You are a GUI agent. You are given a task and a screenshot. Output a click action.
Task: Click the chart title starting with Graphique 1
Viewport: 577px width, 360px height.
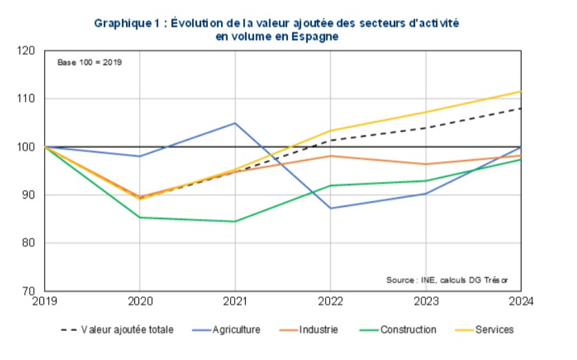(x=276, y=30)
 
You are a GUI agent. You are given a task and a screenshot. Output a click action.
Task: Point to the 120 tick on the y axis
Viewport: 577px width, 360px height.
(x=27, y=51)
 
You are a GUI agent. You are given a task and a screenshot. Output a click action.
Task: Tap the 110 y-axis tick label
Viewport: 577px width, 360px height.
(x=27, y=99)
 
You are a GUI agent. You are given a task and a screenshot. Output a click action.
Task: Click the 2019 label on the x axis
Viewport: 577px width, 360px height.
(x=44, y=301)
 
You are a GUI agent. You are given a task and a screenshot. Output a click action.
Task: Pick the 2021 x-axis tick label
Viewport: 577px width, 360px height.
(x=235, y=301)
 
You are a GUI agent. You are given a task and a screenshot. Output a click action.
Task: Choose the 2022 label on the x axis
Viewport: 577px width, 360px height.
(x=330, y=301)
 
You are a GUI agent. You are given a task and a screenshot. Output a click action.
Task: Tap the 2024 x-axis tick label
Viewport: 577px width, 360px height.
(x=521, y=301)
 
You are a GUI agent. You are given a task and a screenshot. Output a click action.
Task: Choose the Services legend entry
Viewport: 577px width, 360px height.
(x=494, y=330)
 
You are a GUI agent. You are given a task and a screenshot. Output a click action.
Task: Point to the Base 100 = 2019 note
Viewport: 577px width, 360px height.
(x=90, y=62)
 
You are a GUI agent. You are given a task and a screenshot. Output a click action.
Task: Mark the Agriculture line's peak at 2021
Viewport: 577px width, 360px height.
(x=235, y=123)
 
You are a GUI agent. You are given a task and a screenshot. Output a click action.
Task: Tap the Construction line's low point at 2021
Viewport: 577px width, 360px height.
(x=235, y=222)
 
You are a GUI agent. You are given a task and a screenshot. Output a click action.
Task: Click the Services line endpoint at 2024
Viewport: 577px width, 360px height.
(x=521, y=92)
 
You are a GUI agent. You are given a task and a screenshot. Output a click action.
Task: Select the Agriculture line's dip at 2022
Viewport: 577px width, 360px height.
(x=330, y=208)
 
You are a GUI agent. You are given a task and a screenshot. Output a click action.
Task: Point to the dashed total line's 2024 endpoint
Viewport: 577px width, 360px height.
(x=521, y=108)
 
